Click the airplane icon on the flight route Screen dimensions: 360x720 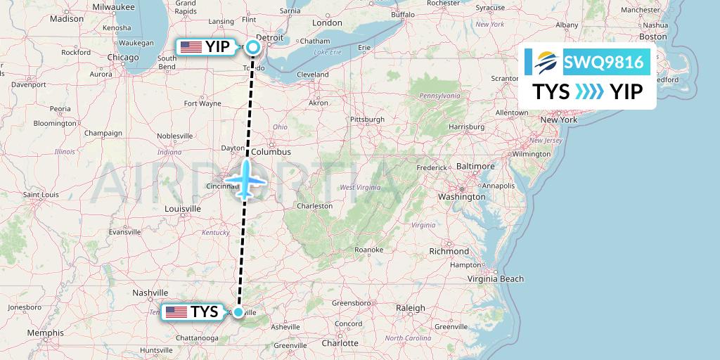245,179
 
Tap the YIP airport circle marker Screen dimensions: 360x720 253,47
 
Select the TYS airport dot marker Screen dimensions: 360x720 238,311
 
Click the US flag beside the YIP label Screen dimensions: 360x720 191,47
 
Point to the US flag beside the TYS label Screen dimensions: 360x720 177,311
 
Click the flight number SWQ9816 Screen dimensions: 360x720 603,63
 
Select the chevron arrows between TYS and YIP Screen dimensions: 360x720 589,91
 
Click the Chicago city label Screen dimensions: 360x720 123,58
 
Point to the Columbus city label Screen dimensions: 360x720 271,151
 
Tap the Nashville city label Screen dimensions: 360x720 150,292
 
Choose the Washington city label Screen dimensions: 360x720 462,197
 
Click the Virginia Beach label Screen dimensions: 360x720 497,278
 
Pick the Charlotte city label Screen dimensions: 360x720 340,343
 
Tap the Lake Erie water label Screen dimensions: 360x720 327,52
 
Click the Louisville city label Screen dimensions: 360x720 182,209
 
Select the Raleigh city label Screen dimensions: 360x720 411,308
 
